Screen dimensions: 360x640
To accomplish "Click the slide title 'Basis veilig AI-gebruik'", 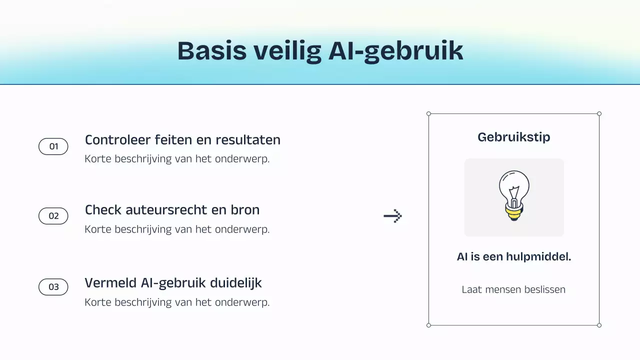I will point(320,51).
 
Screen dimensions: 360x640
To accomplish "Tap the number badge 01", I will point(53,146).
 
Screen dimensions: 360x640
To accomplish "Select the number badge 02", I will point(53,216).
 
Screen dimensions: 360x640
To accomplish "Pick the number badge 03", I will point(53,287).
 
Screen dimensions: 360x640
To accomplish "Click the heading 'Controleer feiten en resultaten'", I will point(182,140).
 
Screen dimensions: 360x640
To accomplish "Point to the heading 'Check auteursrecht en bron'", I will point(172,210).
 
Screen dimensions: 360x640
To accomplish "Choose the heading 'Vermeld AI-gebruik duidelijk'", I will point(173,283).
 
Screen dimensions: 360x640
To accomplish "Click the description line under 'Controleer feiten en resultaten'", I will point(177,159).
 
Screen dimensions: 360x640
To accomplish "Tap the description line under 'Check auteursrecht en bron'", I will point(177,229).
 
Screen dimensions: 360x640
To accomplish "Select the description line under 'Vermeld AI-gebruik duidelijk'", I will point(177,302).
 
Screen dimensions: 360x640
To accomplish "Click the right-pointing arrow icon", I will point(393,216).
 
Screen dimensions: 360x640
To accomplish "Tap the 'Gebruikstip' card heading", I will point(514,137).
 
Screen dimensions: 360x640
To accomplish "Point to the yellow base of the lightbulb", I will point(513,212).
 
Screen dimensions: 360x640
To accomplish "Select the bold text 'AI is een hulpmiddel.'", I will point(514,257).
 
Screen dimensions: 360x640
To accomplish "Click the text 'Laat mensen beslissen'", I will point(513,289).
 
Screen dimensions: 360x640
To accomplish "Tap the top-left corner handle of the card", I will point(428,113).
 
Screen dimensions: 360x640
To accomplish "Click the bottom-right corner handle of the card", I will point(599,325).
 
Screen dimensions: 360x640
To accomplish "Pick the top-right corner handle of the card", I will point(599,113).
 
